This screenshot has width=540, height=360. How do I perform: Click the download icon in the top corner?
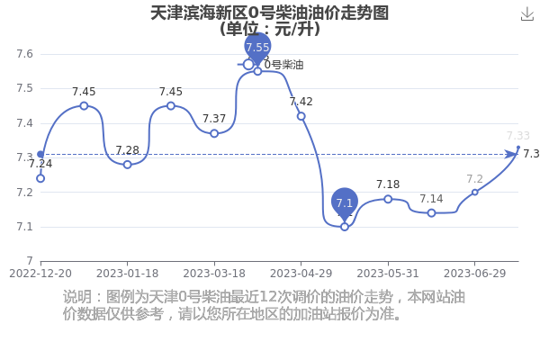[x=526, y=14]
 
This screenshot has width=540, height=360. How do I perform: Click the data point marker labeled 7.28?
[x=128, y=165]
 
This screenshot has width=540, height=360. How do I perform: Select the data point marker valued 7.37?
[x=214, y=133]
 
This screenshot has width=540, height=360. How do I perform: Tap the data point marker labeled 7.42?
[x=301, y=116]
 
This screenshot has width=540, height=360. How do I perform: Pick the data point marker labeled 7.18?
[x=388, y=199]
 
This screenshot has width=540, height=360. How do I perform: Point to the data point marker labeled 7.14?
[x=431, y=213]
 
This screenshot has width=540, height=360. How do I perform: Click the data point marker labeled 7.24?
[x=40, y=178]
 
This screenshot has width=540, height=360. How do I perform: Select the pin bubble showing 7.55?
[x=257, y=49]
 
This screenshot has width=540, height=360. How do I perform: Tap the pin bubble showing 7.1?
[x=345, y=204]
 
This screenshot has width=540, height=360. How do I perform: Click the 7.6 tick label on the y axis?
[x=25, y=54]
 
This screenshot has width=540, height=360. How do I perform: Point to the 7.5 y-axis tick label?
[x=25, y=88]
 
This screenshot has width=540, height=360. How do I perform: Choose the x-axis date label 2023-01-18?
[x=128, y=274]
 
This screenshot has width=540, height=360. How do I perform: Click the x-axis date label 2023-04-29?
[x=301, y=274]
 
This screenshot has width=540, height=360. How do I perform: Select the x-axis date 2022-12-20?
[x=40, y=274]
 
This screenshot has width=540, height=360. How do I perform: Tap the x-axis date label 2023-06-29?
[x=474, y=274]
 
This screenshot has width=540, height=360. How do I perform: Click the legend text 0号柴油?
[x=283, y=65]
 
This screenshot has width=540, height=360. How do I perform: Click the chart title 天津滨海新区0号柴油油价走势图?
[x=270, y=13]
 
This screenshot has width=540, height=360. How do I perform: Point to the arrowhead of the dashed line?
[x=510, y=154]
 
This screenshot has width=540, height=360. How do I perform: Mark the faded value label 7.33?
[x=518, y=136]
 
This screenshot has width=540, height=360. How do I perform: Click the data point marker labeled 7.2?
[x=475, y=193]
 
